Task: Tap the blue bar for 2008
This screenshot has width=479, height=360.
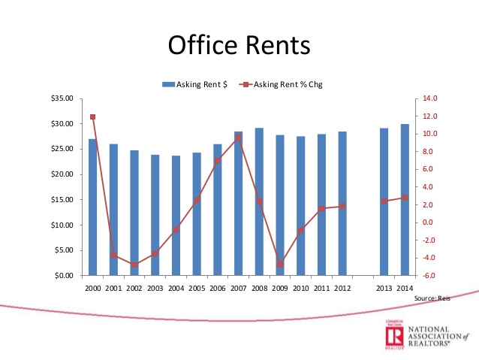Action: coord(259,201)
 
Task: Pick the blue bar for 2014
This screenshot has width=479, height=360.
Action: coord(405,200)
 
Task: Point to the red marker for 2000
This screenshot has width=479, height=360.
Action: coord(92,117)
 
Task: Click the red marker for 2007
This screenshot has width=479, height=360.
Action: coord(238,138)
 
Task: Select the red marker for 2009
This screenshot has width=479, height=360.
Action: coord(280,265)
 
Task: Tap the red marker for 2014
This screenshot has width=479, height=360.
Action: coord(405,198)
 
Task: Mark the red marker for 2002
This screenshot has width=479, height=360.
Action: coord(134,265)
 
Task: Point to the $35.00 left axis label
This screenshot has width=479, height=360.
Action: coord(62,98)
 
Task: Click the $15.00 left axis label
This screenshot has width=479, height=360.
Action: coord(62,200)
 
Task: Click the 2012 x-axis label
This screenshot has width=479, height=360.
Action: coord(342,288)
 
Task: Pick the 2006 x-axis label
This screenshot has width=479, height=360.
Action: coord(218,288)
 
